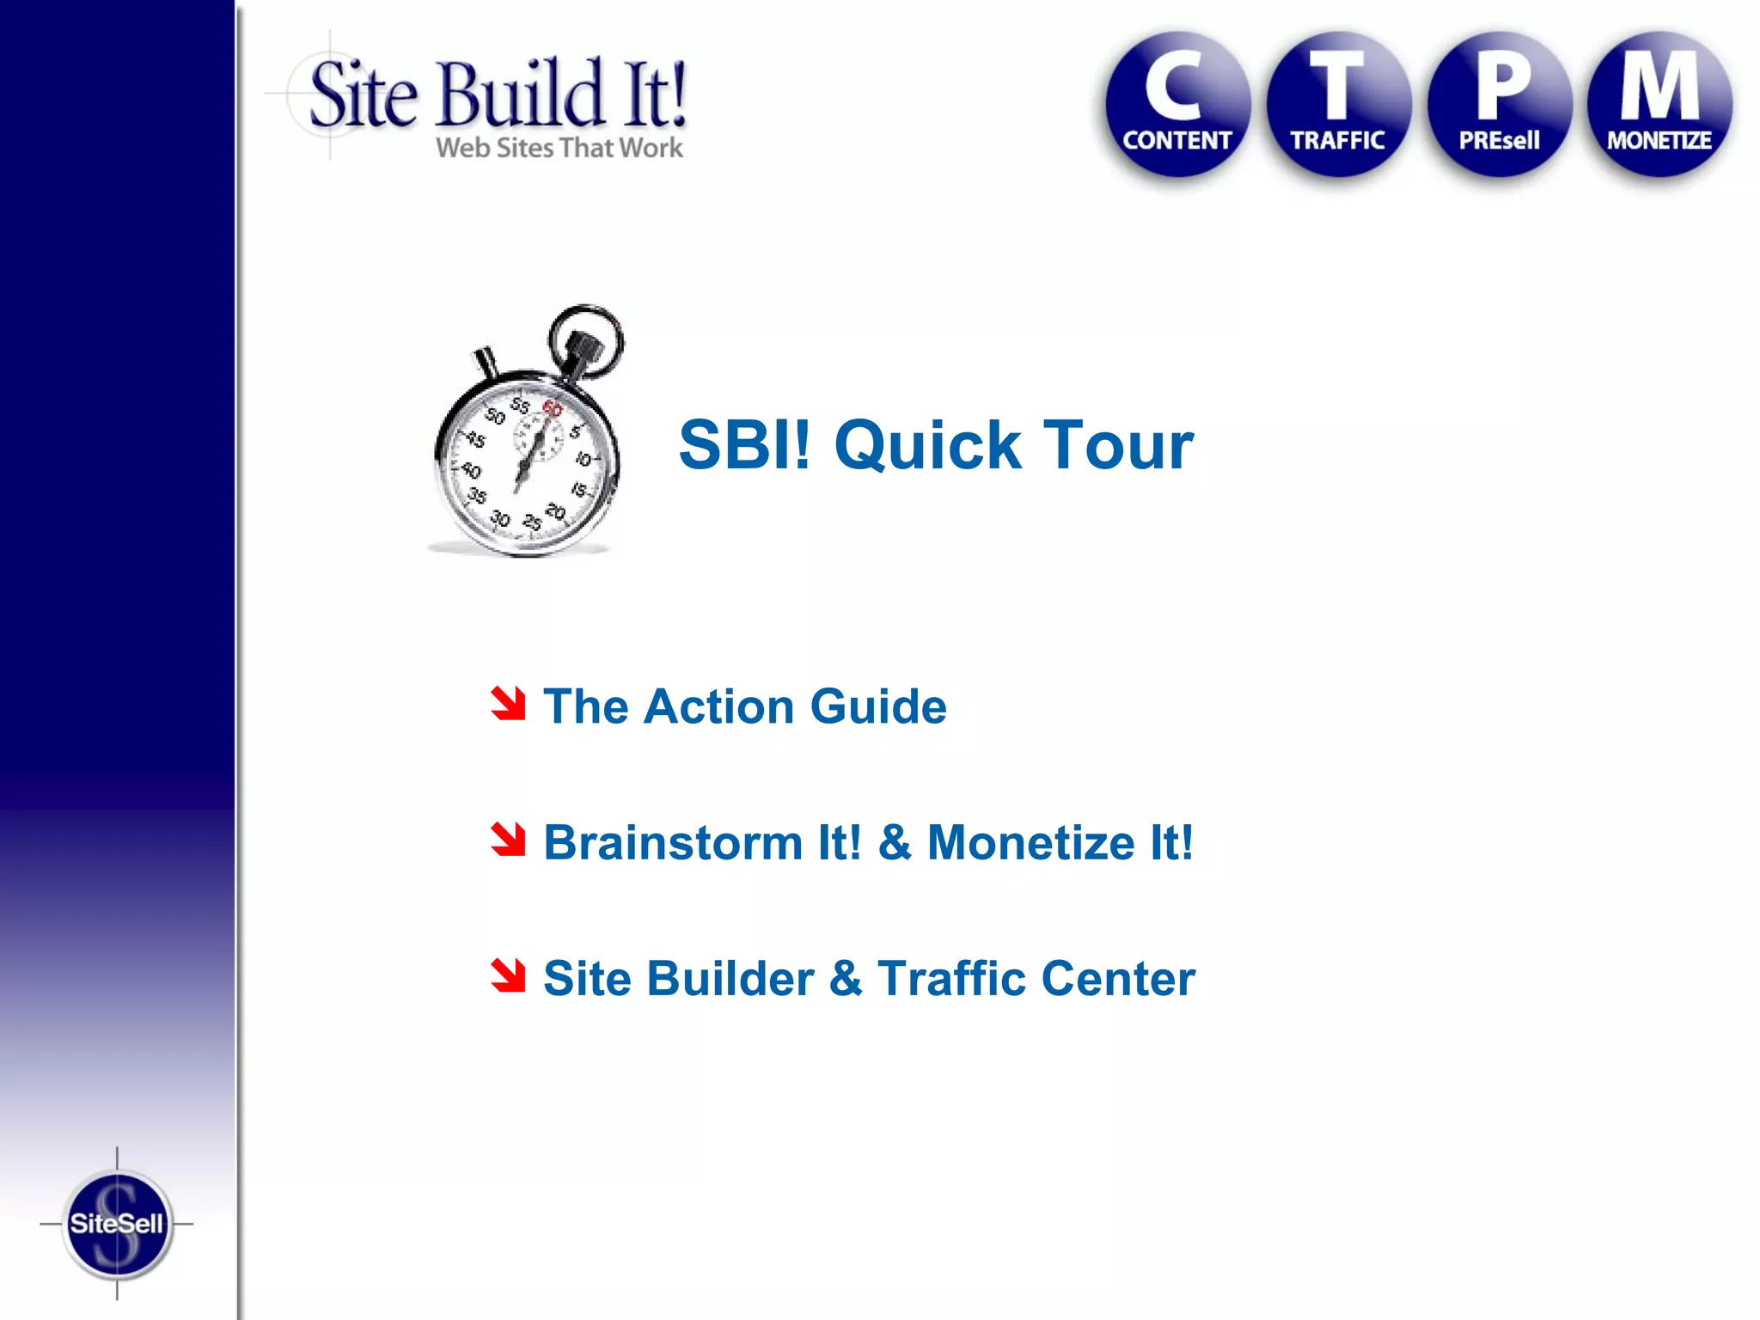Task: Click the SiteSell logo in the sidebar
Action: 117,1224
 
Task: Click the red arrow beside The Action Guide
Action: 508,704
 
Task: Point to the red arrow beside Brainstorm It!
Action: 508,840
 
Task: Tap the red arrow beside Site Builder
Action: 508,975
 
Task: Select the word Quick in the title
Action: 928,447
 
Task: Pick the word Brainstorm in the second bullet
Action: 674,842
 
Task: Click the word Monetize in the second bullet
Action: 1031,842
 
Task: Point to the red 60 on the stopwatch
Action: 552,409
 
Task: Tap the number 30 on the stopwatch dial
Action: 500,519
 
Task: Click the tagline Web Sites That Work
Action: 559,148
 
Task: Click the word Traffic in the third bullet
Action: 951,978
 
